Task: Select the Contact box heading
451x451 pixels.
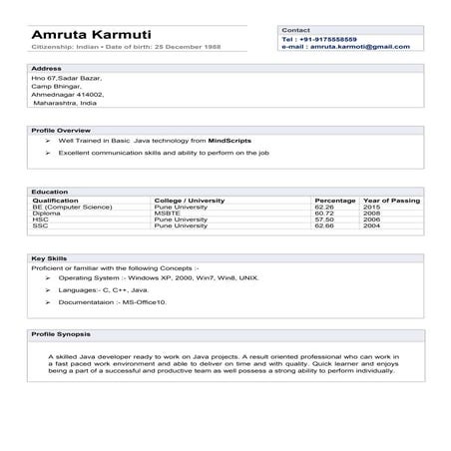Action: (x=296, y=31)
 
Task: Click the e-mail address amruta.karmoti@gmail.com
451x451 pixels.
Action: (x=338, y=47)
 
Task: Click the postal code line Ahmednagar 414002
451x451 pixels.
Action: (x=68, y=94)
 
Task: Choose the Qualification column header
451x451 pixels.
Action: (x=55, y=200)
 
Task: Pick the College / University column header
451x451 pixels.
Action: (x=191, y=200)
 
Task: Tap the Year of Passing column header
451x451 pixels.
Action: (x=392, y=200)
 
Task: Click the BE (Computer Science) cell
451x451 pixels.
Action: (x=72, y=207)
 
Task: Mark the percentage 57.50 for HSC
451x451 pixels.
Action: (x=324, y=220)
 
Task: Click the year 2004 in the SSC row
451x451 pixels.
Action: (x=371, y=226)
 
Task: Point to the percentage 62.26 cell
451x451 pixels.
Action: (x=324, y=207)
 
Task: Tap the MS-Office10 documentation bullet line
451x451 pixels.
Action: (x=113, y=300)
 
